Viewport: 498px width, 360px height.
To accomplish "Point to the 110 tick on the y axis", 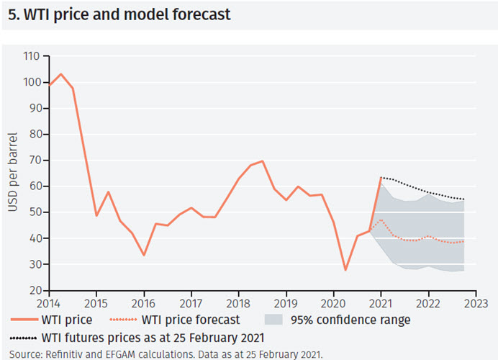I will [31, 55].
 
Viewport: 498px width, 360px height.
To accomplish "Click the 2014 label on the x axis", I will [49, 303].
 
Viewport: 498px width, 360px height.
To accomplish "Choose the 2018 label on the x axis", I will [239, 303].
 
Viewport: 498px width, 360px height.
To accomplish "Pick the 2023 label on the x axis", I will [476, 303].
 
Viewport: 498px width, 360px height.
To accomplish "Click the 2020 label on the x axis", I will [334, 303].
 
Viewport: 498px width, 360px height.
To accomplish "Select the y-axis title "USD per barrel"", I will [12, 173].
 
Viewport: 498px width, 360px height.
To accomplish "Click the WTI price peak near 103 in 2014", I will [60, 74].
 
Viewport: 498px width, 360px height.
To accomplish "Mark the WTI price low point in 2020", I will [345, 270].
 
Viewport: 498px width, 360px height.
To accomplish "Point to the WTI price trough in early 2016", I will [144, 255].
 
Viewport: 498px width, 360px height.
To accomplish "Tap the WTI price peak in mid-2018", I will [262, 161].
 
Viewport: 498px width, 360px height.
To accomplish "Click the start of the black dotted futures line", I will [381, 177].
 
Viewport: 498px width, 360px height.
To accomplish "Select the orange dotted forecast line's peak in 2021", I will [381, 220].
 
